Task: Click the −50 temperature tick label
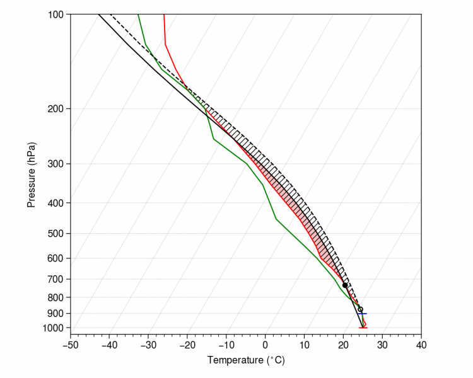tap(70, 345)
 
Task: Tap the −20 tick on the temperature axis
tap(187, 345)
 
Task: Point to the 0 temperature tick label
tap(266, 345)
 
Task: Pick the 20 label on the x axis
tap(344, 345)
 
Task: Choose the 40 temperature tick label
tap(422, 345)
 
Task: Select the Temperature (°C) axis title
tap(246, 360)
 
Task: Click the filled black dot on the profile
tap(345, 285)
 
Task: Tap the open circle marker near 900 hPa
tap(360, 309)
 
